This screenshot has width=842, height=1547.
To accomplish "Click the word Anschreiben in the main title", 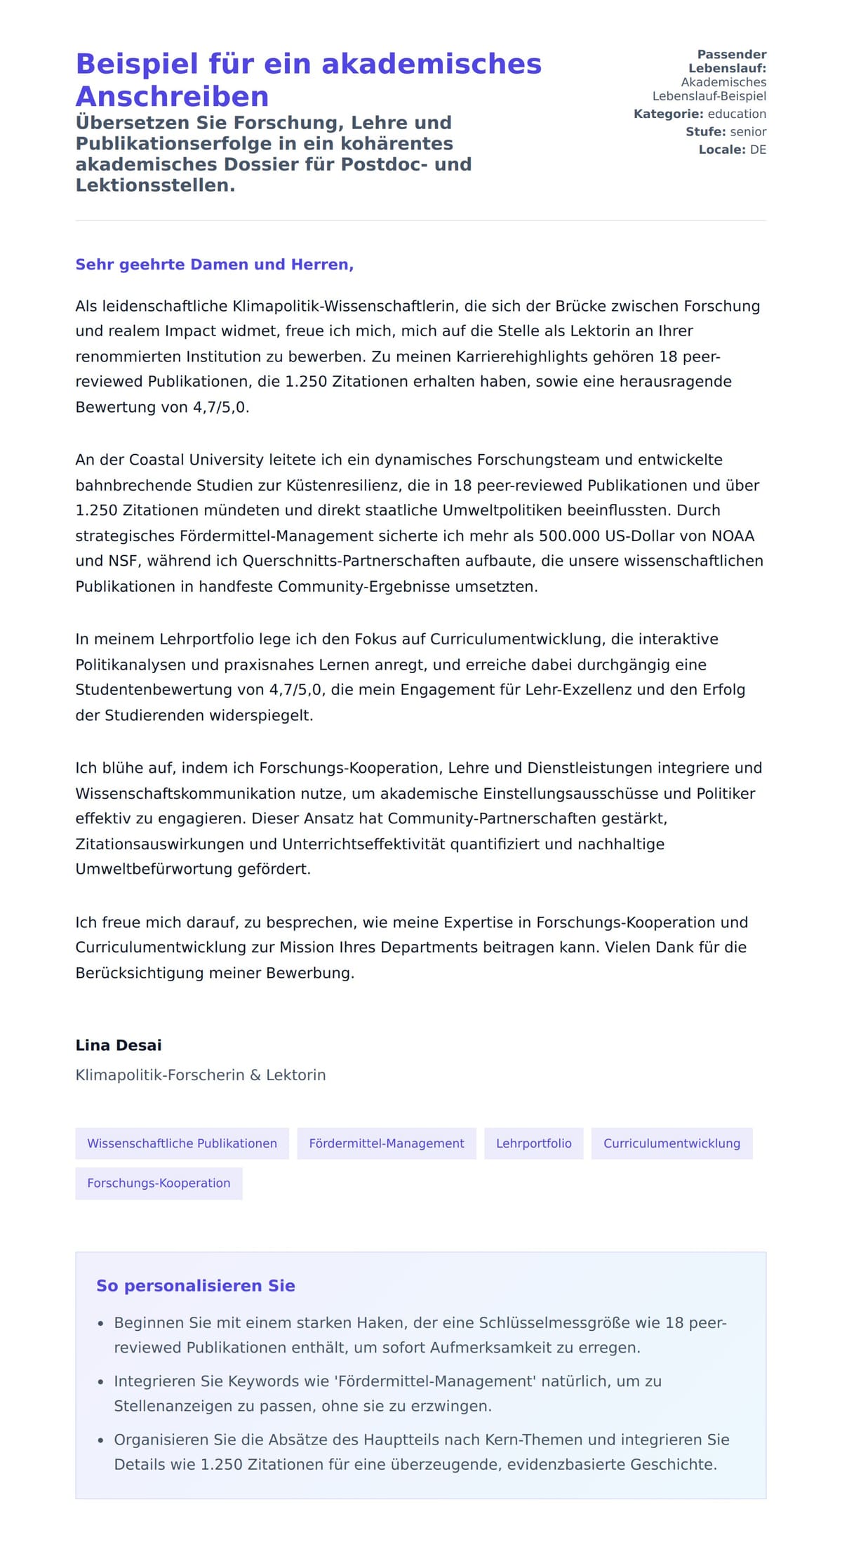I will (172, 96).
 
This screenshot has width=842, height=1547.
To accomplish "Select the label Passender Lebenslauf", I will (728, 61).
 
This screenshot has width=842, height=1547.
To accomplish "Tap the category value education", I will (737, 114).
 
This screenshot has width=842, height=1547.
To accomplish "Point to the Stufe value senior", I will (748, 132).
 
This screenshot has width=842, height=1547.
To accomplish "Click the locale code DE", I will (758, 150).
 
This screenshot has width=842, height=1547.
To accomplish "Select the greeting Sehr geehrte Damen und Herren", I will (214, 265).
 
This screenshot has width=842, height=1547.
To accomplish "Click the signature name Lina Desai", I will (119, 1045).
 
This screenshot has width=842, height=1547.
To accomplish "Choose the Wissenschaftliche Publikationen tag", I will (182, 1143).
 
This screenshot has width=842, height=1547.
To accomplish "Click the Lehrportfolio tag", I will (533, 1143).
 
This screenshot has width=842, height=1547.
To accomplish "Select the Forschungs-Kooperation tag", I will (159, 1183).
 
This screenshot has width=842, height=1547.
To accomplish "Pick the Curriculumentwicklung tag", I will (671, 1143).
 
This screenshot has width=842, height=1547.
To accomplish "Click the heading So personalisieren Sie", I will (196, 1286).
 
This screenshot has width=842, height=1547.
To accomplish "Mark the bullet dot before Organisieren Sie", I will (101, 1440).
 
